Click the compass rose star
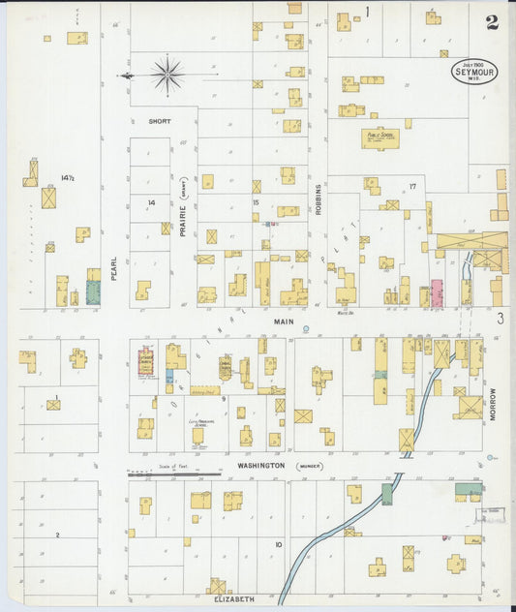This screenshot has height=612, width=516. (x=168, y=75)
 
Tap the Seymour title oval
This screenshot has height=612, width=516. (x=474, y=71)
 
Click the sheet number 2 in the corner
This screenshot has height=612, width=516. (x=492, y=22)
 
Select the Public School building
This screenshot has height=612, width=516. (x=379, y=138)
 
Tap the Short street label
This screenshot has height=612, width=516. (x=160, y=122)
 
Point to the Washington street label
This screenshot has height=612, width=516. (x=261, y=465)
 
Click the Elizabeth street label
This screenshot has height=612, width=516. (x=233, y=599)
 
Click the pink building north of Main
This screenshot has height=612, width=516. (x=437, y=292)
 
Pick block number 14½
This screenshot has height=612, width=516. (x=67, y=178)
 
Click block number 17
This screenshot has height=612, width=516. (x=411, y=186)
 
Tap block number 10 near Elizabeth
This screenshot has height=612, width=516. (x=278, y=545)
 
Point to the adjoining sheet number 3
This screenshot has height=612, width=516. (x=501, y=319)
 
